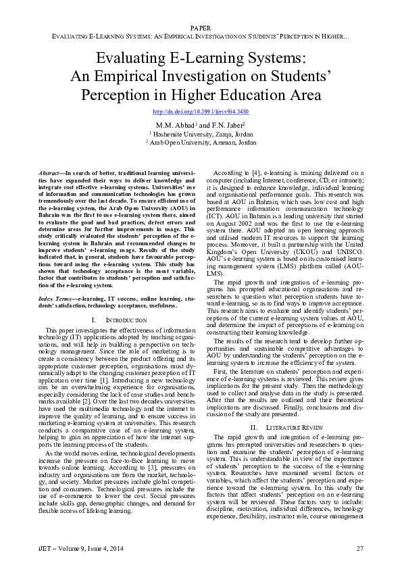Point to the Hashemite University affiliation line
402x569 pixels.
[x=201, y=134]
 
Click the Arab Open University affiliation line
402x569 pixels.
[x=201, y=143]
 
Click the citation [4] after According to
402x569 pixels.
[x=262, y=174]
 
